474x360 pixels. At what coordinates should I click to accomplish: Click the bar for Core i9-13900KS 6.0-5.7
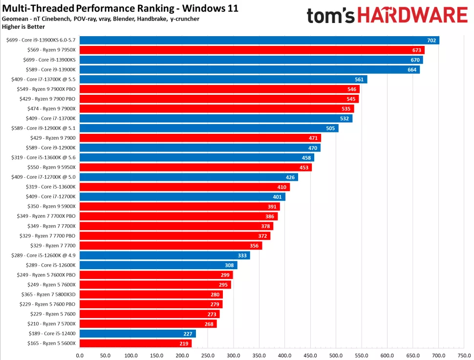[259, 40]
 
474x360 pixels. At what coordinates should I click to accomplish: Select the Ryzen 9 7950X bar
[252, 50]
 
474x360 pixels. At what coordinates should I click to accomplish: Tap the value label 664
[411, 69]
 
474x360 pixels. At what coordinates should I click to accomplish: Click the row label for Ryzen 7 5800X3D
[48, 295]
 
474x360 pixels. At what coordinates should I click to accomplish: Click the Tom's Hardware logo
[387, 15]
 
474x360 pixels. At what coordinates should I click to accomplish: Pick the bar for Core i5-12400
[137, 334]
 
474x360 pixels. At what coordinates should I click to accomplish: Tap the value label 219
[183, 343]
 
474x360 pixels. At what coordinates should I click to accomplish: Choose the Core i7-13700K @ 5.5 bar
[223, 79]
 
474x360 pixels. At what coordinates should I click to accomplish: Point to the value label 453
[303, 168]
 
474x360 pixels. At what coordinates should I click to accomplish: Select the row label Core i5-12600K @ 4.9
[43, 255]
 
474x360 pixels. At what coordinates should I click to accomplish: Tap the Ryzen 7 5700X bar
[148, 324]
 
